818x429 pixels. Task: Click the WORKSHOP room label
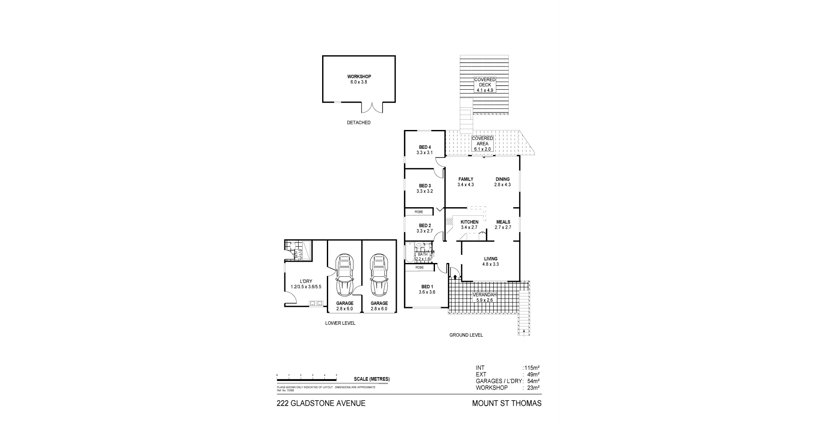[x=359, y=77]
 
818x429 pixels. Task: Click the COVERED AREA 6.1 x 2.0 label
[x=482, y=144]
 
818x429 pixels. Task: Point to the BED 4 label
[x=425, y=148]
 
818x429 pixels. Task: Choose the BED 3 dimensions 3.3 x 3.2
[x=425, y=191]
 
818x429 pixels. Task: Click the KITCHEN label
[x=469, y=222]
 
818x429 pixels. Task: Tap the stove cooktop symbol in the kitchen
[x=449, y=222]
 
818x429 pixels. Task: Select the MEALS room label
[x=503, y=222]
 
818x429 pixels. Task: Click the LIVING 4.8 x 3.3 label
[x=490, y=262]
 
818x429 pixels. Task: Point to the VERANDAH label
[x=484, y=295]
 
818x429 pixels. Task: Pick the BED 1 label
[x=427, y=287]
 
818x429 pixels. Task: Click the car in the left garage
[x=344, y=275]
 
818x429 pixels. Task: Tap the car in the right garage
[x=379, y=275]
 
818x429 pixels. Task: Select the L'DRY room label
[x=306, y=281]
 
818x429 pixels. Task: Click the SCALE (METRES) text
[x=371, y=379]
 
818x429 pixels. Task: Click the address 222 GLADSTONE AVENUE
[x=321, y=403]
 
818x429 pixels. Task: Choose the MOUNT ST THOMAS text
[x=507, y=403]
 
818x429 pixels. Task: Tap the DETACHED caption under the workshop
[x=359, y=123]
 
